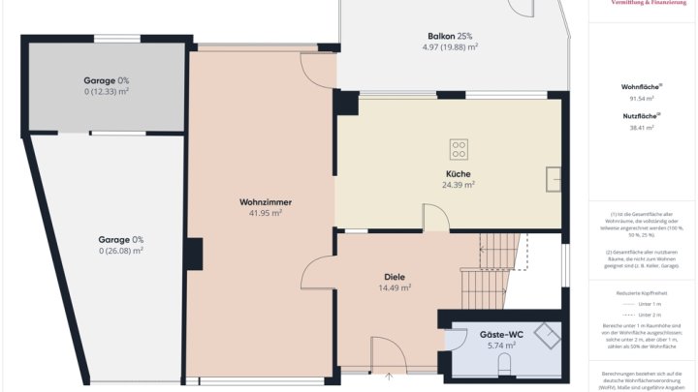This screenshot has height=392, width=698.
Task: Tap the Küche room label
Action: click(x=458, y=173)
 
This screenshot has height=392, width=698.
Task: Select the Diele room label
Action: click(x=395, y=276)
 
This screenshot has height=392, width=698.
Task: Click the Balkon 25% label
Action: click(x=449, y=36)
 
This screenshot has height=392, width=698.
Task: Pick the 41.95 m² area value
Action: click(x=265, y=213)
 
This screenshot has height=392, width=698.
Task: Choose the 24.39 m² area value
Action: click(x=458, y=184)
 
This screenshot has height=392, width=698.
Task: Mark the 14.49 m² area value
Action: click(x=395, y=287)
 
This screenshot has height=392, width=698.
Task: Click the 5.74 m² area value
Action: click(x=501, y=345)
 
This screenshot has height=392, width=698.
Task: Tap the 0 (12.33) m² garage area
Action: click(x=107, y=91)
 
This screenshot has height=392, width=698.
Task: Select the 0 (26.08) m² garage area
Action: click(x=120, y=250)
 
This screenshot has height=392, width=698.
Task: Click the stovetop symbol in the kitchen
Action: click(x=459, y=149)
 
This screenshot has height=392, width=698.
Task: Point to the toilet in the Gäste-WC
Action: click(x=503, y=364)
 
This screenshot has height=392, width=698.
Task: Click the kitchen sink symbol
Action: click(x=554, y=179)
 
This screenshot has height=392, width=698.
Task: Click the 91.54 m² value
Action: click(x=641, y=99)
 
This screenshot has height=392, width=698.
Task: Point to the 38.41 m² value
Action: click(x=641, y=127)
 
